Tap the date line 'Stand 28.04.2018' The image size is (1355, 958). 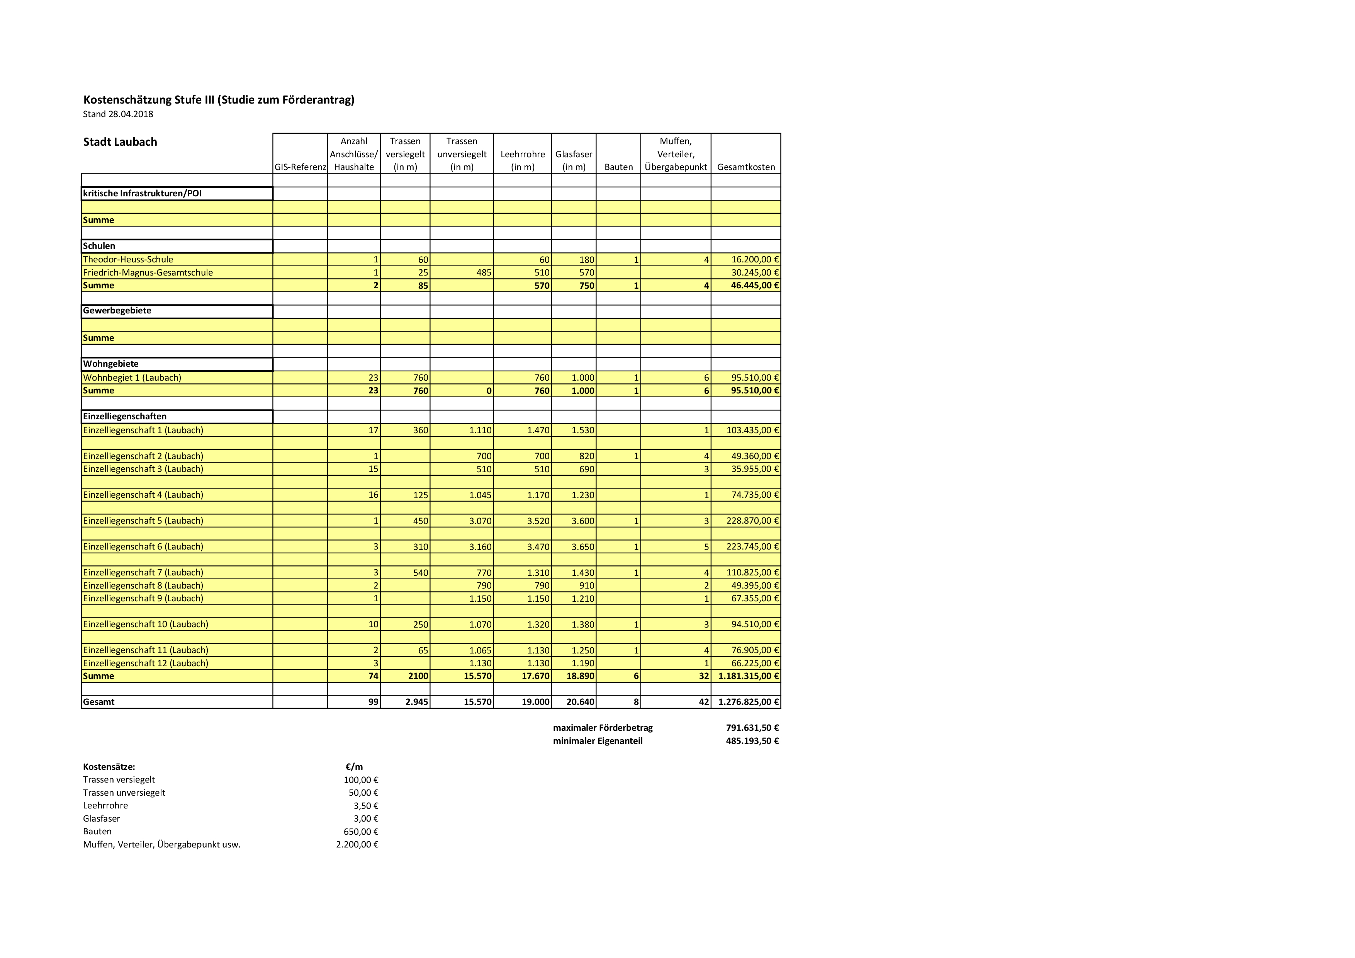118,114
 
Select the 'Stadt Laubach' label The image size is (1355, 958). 120,142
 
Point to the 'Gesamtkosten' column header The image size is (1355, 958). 746,167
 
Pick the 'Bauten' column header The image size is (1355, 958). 618,167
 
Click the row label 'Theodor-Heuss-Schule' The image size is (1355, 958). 128,260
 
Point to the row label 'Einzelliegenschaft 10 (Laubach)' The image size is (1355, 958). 145,624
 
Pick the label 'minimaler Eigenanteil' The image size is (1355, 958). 597,741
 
